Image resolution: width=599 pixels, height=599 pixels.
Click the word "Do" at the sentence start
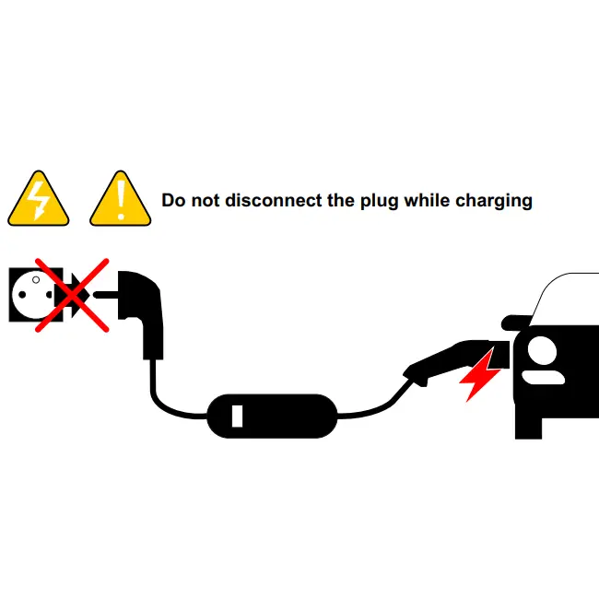coord(174,200)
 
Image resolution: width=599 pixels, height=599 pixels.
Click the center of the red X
coord(72,295)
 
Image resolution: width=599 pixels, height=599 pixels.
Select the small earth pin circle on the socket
coord(36,280)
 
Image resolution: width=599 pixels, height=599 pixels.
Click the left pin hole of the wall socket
coord(22,295)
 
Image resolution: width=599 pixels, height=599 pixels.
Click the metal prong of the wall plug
coord(106,295)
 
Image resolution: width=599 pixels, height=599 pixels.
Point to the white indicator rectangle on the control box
coord(237,416)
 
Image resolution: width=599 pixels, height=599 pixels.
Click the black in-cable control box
coord(272,416)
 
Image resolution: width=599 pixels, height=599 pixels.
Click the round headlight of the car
coord(542,351)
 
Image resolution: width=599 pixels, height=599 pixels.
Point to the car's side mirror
coord(516,323)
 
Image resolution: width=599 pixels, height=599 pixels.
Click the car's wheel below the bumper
coord(528,428)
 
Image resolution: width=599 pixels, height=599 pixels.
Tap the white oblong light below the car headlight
coord(543,378)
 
